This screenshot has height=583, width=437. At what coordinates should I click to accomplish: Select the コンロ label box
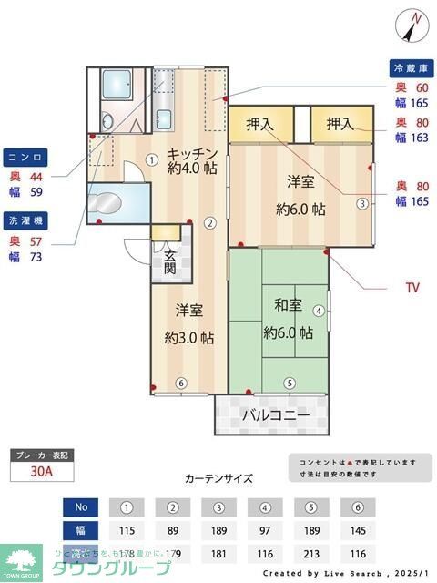24,156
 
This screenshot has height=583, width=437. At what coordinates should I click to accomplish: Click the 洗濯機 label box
24,220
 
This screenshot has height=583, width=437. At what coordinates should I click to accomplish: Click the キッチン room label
191,153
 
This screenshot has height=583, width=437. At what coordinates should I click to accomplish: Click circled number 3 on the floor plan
362,203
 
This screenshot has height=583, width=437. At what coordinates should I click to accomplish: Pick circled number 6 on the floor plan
181,383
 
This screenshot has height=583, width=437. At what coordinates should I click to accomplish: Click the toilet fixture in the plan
107,201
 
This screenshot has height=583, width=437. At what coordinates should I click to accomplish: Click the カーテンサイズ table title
218,478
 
